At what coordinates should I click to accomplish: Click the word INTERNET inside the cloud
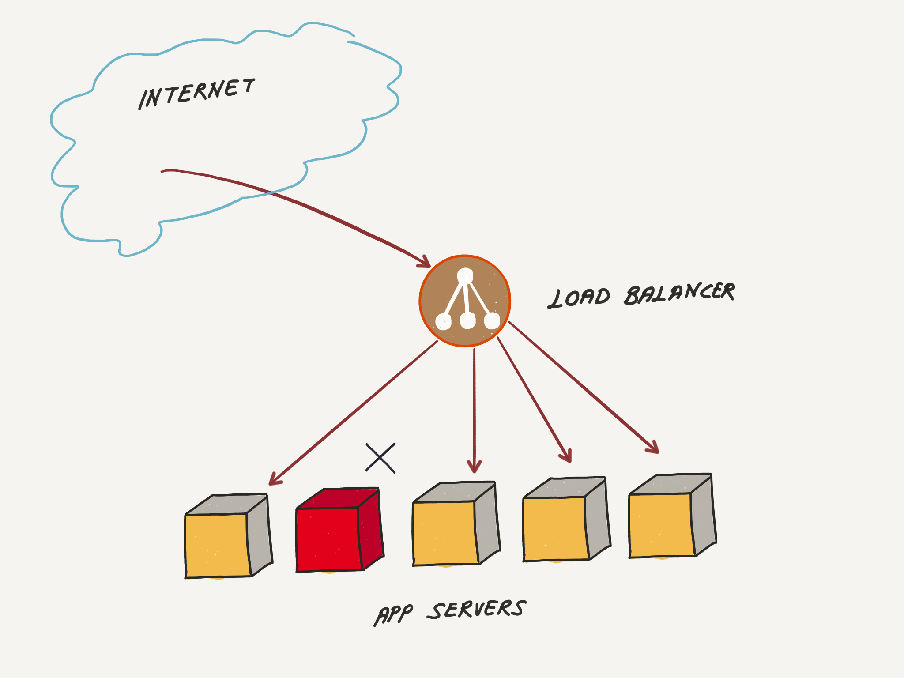197,94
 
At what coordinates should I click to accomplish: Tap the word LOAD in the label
579,298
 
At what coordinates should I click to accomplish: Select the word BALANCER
680,293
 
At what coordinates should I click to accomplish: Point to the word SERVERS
477,610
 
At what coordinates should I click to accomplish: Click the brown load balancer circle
465,301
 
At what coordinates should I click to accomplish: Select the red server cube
329,539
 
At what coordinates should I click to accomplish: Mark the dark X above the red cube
380,458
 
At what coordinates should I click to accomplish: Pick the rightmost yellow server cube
661,524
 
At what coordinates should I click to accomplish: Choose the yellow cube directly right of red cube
445,532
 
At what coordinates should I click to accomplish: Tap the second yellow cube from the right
555,528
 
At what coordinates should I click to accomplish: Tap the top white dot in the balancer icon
465,276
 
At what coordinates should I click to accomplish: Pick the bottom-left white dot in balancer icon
443,321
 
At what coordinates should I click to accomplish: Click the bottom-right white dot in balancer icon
491,320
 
